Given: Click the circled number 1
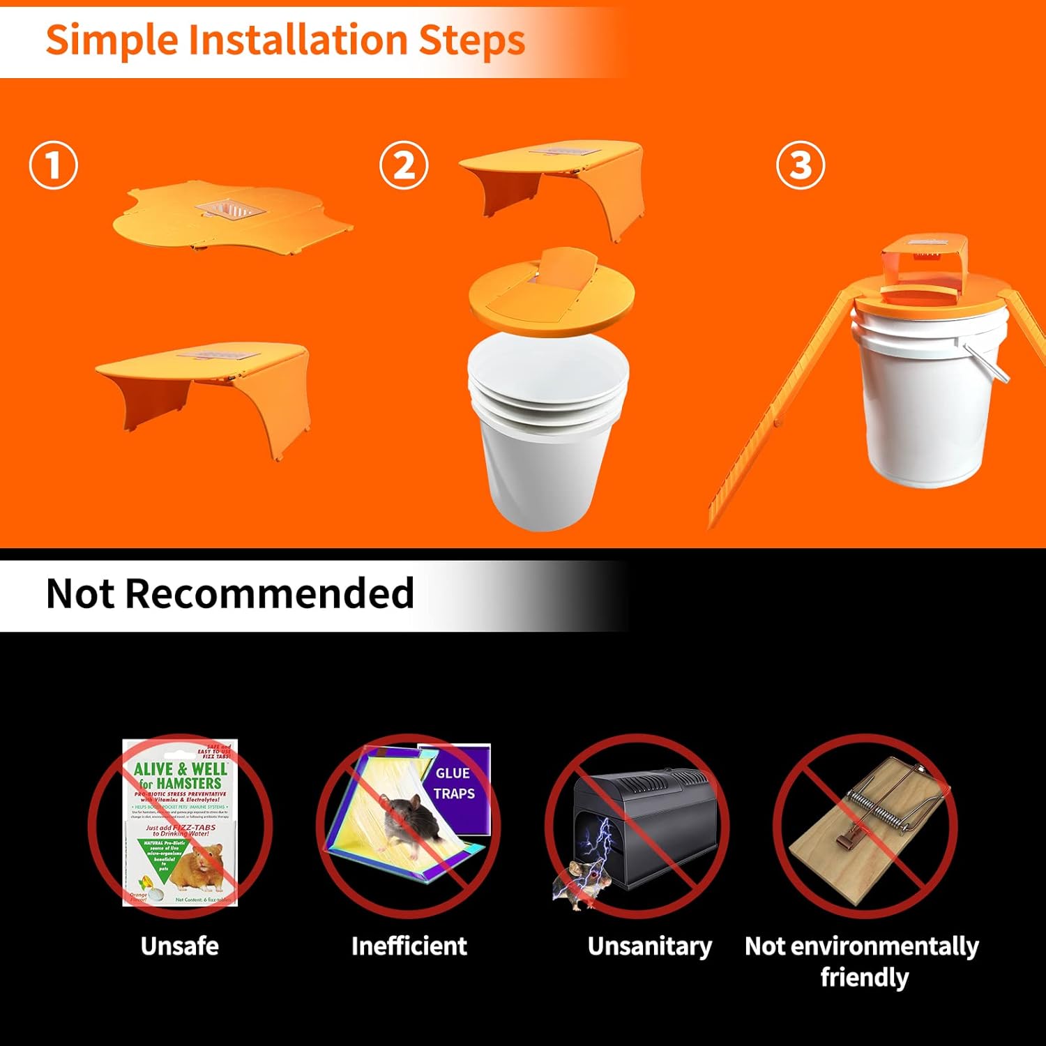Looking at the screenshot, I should click(x=53, y=165).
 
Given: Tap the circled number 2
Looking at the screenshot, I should click(x=404, y=165).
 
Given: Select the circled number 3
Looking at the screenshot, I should click(x=801, y=165).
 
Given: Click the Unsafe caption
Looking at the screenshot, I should click(x=179, y=946).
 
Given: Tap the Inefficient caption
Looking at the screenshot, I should click(x=409, y=946).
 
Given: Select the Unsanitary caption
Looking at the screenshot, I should click(x=650, y=946).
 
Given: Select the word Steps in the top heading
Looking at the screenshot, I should click(x=471, y=40).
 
